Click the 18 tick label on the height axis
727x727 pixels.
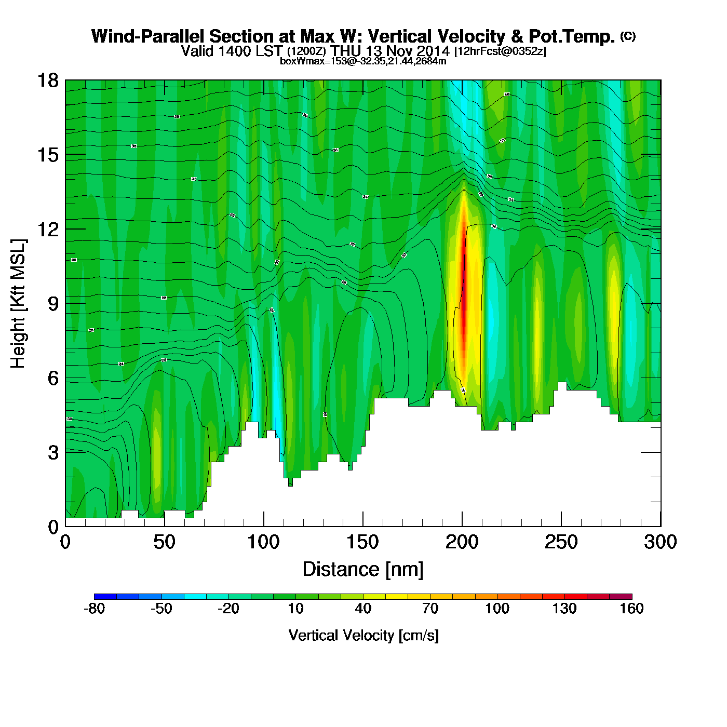pyautogui.click(x=47, y=80)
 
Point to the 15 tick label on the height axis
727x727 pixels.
pyautogui.click(x=47, y=155)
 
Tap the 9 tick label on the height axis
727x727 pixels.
pyautogui.click(x=53, y=304)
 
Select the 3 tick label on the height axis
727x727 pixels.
pyautogui.click(x=53, y=453)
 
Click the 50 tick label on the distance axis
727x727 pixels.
pyautogui.click(x=164, y=542)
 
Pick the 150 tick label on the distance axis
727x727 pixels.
pyautogui.click(x=362, y=542)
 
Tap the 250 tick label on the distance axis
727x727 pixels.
pyautogui.click(x=561, y=542)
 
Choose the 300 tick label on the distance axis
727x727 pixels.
pyautogui.click(x=660, y=542)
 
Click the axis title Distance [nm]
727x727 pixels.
pyautogui.click(x=363, y=570)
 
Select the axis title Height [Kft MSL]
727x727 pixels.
pyautogui.click(x=18, y=304)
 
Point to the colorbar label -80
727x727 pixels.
pyautogui.click(x=94, y=609)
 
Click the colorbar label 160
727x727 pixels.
pyautogui.click(x=631, y=609)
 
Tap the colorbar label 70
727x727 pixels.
pyautogui.click(x=430, y=609)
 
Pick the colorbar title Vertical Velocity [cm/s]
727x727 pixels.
pyautogui.click(x=363, y=635)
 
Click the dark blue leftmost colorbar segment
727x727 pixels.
pyautogui.click(x=105, y=596)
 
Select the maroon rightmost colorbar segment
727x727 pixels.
pyautogui.click(x=621, y=596)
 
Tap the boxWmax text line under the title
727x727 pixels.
pyautogui.click(x=363, y=61)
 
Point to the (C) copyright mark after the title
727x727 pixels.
pyautogui.click(x=628, y=36)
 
